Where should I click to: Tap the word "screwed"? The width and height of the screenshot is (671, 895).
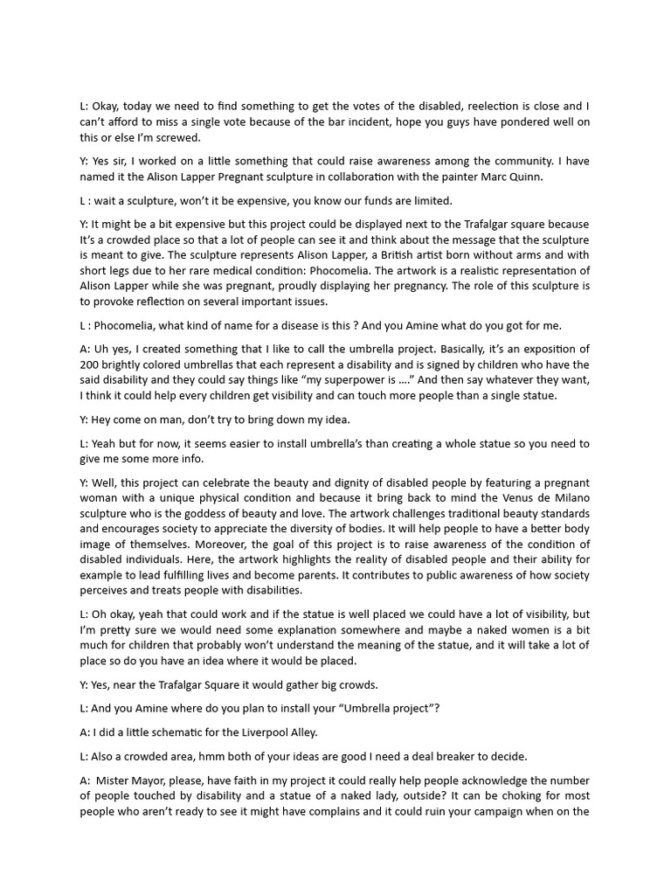(x=177, y=137)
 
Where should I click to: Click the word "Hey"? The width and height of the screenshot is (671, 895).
(x=103, y=420)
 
